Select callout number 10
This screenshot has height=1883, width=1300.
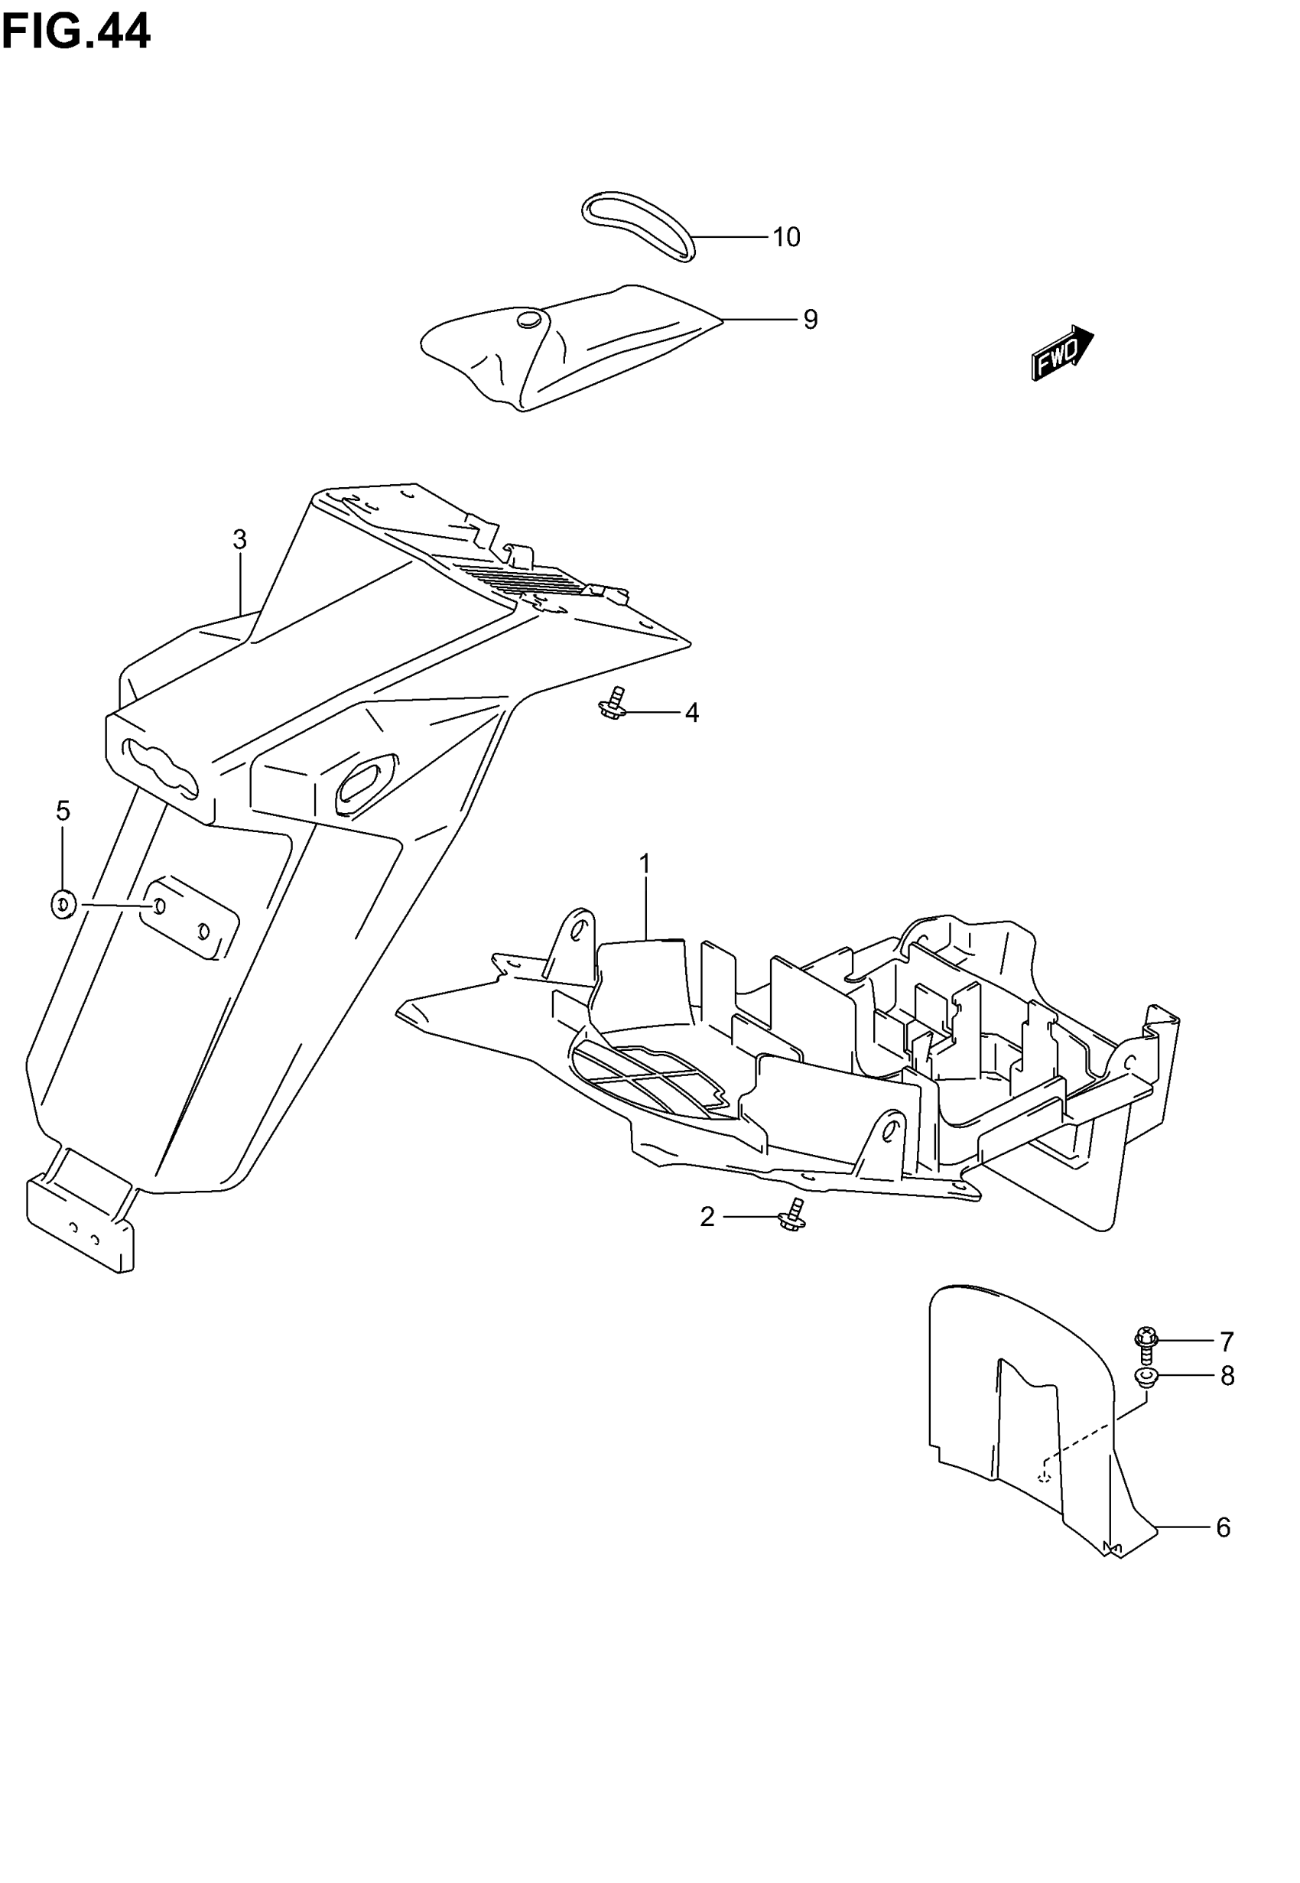(786, 237)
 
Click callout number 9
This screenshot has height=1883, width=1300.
(810, 319)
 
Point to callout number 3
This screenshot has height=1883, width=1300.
(239, 539)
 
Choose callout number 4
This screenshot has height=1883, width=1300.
(691, 713)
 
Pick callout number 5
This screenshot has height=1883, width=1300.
(63, 811)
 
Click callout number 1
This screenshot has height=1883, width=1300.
(645, 863)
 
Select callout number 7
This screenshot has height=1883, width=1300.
(1227, 1341)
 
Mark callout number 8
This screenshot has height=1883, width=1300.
(1227, 1376)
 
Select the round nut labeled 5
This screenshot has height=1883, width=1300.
(63, 904)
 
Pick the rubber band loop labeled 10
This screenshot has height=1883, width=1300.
(638, 224)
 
